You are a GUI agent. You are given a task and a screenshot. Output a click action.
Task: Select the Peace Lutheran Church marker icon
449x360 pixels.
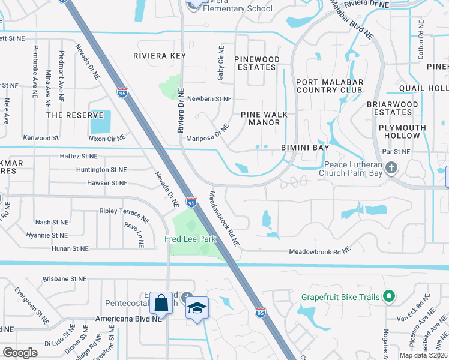[391, 167]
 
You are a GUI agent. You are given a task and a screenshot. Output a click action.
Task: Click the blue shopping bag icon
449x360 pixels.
[162, 302]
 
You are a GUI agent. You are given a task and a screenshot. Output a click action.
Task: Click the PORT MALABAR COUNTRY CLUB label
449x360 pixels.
[328, 86]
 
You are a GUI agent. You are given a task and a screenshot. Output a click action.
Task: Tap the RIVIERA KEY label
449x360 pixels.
[159, 56]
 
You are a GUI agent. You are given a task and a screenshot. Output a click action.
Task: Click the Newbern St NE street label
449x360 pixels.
[209, 98]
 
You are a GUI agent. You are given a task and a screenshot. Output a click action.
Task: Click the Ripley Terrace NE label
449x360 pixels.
[124, 213]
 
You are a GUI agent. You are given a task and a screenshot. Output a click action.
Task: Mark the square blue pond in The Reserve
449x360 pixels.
[100, 122]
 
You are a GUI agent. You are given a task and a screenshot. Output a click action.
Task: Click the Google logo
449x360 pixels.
[20, 353]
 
